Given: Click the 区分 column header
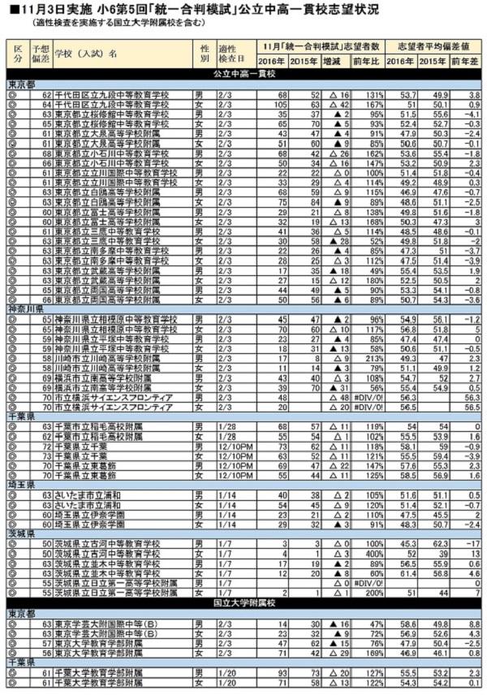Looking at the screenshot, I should point(17,54).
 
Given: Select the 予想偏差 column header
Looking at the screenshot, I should point(40,54).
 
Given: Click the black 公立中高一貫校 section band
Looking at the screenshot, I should point(243,73).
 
